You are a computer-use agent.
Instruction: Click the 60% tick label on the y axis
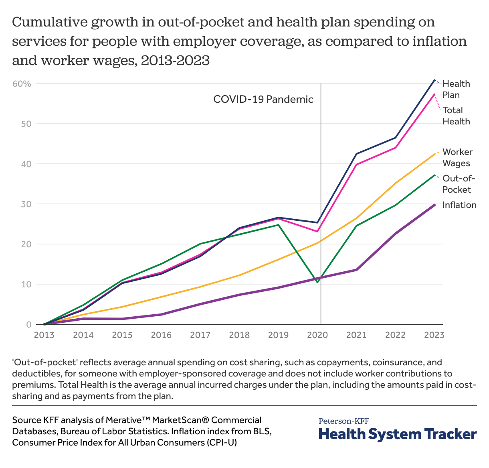22,83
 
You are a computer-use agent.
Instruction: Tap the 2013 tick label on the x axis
44,335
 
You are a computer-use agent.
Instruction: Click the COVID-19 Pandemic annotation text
263,99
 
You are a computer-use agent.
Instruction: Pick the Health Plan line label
456,89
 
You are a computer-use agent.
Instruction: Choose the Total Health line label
456,116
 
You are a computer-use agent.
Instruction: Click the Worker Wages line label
457,157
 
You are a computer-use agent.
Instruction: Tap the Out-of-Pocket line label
457,184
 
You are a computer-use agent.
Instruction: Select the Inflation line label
459,205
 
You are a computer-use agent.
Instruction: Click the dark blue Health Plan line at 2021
357,154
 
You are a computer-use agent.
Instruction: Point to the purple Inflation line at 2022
396,233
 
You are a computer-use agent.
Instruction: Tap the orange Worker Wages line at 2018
239,275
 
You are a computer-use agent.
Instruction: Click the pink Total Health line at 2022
396,148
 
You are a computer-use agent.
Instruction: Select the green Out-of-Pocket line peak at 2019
279,225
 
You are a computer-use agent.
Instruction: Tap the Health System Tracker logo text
397,434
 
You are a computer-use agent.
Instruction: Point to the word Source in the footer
26,420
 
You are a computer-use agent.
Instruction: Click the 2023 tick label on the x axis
434,335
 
